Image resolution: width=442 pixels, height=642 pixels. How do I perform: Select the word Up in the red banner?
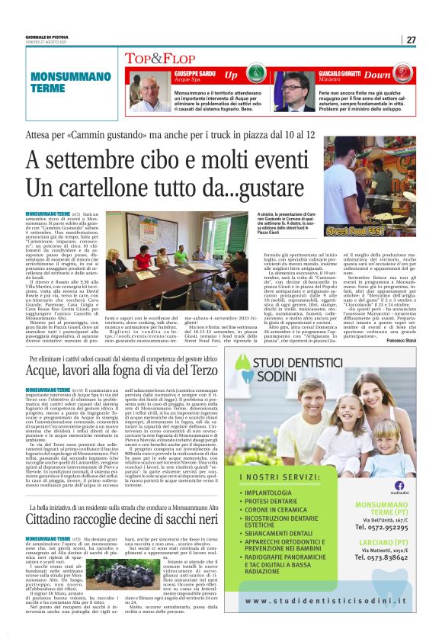coord(231,75)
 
